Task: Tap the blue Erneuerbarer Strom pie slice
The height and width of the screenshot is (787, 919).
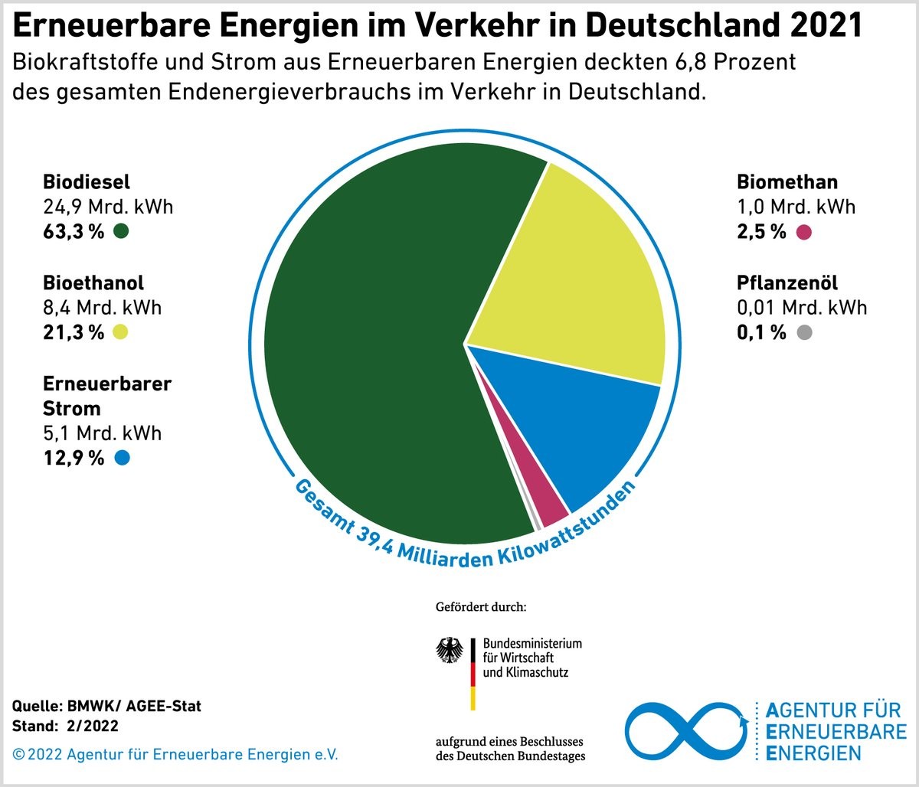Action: point(590,436)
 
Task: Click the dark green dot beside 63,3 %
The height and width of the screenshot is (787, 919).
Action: point(120,231)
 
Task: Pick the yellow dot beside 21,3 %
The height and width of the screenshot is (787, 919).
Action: point(120,331)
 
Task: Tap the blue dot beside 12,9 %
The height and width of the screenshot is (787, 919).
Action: point(120,458)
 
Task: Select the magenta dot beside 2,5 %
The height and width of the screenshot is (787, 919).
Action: point(803,232)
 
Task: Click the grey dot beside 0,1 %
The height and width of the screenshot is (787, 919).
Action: point(803,332)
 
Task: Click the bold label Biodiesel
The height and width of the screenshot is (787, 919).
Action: point(87,182)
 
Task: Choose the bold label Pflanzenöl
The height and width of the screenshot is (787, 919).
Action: point(787,283)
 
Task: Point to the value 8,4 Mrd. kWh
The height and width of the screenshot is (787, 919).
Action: point(103,308)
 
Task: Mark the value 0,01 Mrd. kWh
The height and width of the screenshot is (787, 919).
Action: point(802,308)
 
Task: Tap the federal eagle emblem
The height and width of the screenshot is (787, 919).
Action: point(450,651)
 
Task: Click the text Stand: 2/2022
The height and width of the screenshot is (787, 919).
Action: point(66,724)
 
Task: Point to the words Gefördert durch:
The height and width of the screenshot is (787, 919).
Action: point(480,607)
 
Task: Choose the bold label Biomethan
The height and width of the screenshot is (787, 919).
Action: point(787,182)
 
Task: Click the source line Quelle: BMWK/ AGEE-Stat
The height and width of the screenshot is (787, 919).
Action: point(107,706)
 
